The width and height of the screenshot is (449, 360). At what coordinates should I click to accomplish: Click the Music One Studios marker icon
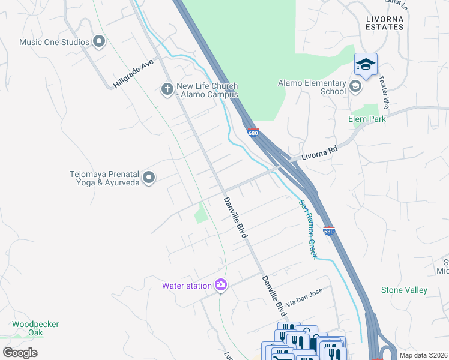coord(100,42)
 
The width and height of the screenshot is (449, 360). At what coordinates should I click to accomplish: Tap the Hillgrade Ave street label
coord(134,73)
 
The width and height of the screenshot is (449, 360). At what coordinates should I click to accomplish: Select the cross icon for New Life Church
coord(167,90)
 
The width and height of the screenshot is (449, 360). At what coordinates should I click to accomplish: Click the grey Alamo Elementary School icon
coord(355,87)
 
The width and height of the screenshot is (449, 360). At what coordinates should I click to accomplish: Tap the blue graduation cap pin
coord(366,64)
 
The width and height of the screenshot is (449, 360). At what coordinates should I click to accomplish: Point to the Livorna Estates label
coord(384,23)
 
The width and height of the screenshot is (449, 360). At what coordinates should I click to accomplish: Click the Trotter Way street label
coord(383,95)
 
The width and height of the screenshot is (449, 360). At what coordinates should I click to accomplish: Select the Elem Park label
coord(367,119)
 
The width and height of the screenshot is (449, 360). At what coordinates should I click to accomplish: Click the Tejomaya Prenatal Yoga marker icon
coord(149,178)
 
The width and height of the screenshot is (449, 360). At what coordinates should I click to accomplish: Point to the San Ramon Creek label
coord(308,229)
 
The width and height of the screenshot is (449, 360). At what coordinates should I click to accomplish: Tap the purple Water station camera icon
coord(220,285)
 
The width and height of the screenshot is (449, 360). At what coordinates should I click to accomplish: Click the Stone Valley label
coord(404,290)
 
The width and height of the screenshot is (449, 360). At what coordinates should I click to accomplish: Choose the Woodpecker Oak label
coord(35,329)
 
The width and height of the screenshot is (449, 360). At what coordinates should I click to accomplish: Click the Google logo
coord(20,353)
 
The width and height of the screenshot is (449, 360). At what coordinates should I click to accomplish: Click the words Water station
coord(187,286)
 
